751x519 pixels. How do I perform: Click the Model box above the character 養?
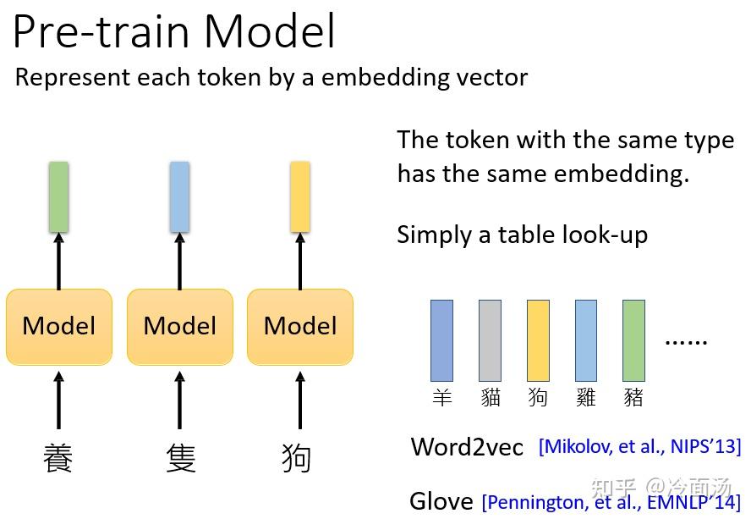click(59, 326)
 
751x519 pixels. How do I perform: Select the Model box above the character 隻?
click(180, 326)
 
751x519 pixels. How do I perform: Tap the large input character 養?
click(58, 457)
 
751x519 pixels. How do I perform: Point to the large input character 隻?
click(180, 457)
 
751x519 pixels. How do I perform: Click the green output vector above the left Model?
click(58, 196)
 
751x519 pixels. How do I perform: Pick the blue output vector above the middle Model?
click(179, 196)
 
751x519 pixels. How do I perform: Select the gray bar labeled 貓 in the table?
click(490, 340)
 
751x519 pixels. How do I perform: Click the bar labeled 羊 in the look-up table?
click(441, 340)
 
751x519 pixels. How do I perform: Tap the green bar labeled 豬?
click(633, 340)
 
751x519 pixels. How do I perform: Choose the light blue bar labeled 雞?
click(585, 340)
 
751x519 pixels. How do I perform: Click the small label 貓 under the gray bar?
click(491, 397)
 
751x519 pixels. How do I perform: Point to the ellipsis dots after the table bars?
click(685, 342)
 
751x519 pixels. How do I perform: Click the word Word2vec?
click(467, 446)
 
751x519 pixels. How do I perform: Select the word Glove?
click(441, 501)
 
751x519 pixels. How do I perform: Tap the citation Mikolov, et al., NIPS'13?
click(639, 446)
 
